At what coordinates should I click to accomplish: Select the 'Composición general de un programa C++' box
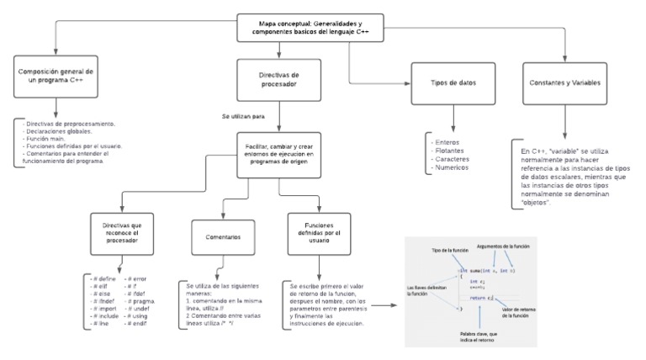57,77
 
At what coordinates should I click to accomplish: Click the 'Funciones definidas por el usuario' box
314,231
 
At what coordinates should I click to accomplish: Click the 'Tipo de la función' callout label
449,251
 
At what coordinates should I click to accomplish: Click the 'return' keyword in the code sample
477,297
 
